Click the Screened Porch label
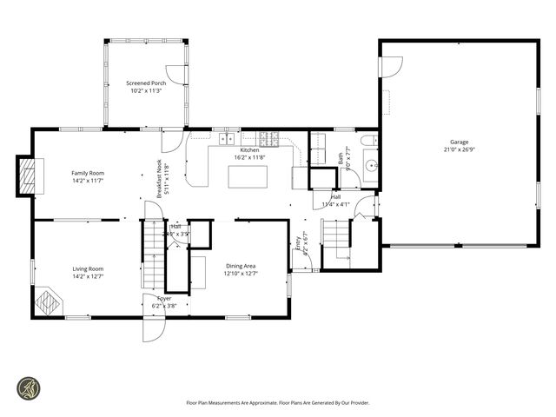(x=145, y=83)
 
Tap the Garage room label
(x=459, y=142)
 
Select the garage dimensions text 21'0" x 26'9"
(x=459, y=149)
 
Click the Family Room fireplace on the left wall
(x=30, y=176)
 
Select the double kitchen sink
(x=229, y=137)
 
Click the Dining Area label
(x=242, y=266)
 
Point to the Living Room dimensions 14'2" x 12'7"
(x=88, y=276)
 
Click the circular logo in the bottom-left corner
(x=30, y=388)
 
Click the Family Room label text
(x=88, y=173)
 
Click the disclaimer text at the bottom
(x=277, y=402)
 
